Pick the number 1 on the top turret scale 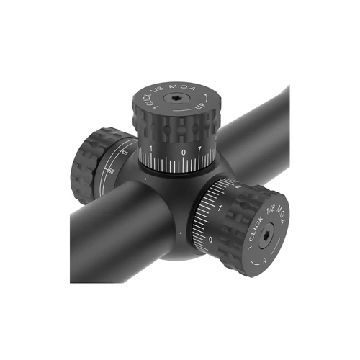tap(150, 149)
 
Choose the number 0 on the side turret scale tap(210, 238)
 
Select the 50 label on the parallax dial tap(109, 171)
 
